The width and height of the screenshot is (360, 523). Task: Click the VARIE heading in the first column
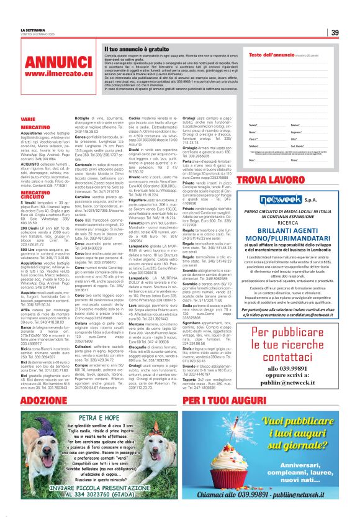coord(28,118)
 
